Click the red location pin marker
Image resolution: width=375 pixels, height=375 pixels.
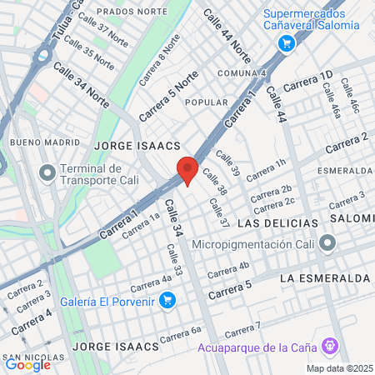[x=187, y=171]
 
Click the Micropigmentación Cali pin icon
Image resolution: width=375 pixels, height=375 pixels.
[x=327, y=245]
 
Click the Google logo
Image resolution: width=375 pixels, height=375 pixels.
[x=27, y=364]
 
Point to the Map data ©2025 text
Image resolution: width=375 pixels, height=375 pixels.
[x=339, y=368]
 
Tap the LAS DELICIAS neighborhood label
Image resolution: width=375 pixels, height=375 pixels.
[x=277, y=224]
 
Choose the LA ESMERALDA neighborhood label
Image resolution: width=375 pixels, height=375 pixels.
[x=324, y=277]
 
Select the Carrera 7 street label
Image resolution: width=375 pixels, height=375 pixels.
[x=243, y=327]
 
